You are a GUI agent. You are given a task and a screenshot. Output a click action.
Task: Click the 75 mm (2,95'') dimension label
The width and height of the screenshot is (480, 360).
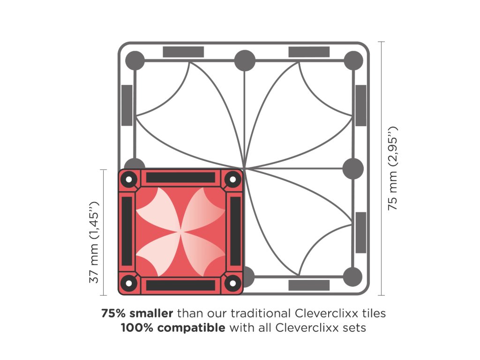[x=393, y=168]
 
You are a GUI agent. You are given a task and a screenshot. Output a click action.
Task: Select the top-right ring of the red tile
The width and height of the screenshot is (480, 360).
[x=232, y=179]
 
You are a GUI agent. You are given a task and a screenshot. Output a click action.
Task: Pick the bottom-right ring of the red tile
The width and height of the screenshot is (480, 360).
[x=232, y=283]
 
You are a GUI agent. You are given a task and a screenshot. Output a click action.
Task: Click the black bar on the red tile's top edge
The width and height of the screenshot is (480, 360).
[x=180, y=177]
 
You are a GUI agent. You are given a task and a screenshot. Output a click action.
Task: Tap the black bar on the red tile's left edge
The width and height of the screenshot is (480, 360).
[x=127, y=231]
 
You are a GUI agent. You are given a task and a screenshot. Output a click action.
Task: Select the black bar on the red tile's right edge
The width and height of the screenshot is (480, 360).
[x=235, y=231]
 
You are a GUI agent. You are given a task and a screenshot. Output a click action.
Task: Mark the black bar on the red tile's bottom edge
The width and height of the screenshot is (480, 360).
[x=180, y=285]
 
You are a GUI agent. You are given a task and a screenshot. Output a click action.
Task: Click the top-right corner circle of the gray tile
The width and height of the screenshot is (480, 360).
[x=353, y=60]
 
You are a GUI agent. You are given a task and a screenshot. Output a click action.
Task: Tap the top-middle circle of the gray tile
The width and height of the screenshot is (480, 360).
[x=245, y=60]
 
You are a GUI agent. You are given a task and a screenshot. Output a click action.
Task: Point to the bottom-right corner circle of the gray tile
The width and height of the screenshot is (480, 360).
[x=353, y=277]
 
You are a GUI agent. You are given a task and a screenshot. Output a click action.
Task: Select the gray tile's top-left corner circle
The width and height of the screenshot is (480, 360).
[x=135, y=60]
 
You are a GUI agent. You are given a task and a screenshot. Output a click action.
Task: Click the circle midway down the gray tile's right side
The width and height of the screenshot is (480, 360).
[x=353, y=168]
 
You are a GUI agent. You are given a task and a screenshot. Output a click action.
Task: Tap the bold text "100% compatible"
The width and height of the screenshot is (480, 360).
[x=173, y=328]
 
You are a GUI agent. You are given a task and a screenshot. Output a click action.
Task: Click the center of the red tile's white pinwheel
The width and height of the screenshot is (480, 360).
[x=181, y=231]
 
